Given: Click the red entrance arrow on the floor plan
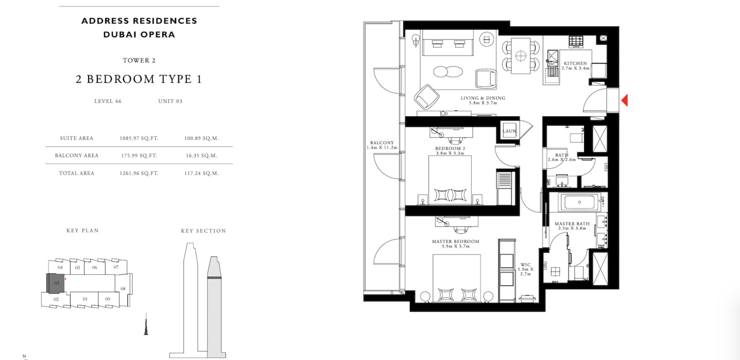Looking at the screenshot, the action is click(x=625, y=100).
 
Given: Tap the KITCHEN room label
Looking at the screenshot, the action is click(x=575, y=63).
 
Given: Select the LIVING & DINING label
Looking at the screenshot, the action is click(x=483, y=98).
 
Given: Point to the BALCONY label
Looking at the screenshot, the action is click(x=382, y=143).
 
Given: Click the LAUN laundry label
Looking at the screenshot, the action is click(x=509, y=131).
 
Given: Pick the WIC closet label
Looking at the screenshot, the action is click(x=525, y=265).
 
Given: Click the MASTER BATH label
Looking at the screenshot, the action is click(x=572, y=224).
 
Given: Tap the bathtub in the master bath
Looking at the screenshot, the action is click(x=580, y=202).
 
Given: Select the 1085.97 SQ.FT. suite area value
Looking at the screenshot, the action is click(x=139, y=138).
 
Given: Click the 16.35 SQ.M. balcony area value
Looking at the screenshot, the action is click(x=201, y=156).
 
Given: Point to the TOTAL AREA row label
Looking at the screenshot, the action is click(x=77, y=173).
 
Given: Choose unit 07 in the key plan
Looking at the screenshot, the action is click(x=116, y=267).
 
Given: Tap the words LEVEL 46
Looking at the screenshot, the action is click(x=108, y=101).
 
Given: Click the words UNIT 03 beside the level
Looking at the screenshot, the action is click(x=170, y=101).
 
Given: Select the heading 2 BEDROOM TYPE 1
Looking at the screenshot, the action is click(x=139, y=79).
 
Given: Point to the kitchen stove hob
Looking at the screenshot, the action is click(x=576, y=42).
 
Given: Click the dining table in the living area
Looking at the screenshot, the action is click(x=521, y=56).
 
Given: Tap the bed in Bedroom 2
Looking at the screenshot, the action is click(x=450, y=180).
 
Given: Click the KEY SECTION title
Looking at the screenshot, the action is click(x=203, y=231).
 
